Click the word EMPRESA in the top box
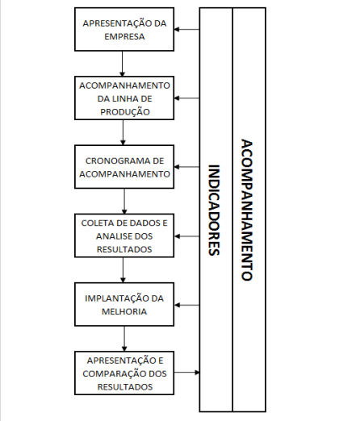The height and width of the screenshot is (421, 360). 124,36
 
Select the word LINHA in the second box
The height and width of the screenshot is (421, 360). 123,98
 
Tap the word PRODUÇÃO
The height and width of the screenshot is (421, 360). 125,111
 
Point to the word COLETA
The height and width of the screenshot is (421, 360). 95,223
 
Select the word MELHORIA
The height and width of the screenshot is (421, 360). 124,311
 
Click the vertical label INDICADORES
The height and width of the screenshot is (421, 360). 214,210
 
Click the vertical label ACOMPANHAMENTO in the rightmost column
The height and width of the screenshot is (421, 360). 247,210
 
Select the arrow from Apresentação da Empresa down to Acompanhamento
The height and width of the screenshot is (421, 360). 122,64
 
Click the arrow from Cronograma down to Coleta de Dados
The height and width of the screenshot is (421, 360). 124,201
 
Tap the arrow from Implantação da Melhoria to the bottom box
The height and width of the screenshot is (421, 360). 124,339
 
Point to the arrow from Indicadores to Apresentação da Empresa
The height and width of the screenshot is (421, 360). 187,29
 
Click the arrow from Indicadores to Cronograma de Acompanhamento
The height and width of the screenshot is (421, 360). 187,167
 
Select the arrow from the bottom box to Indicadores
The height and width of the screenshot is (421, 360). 187,373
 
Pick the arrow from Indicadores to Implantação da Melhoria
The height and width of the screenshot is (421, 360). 187,305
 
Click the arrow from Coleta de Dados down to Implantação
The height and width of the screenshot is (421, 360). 123,270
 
